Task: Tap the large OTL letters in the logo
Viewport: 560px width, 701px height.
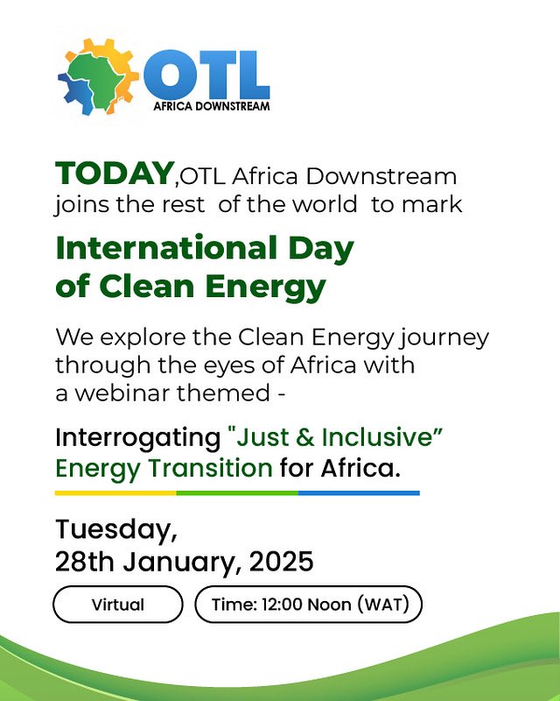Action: click(206, 75)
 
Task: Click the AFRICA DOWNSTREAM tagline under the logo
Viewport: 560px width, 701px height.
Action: click(212, 106)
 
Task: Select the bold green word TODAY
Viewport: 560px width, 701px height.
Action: click(114, 173)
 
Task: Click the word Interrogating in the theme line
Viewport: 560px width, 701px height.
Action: click(136, 436)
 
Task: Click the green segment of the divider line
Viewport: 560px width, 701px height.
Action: click(236, 492)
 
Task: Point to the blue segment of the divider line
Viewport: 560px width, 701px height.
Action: click(358, 492)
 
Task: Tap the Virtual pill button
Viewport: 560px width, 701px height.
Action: click(118, 605)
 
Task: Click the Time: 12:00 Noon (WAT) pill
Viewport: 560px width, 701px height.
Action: click(308, 605)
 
